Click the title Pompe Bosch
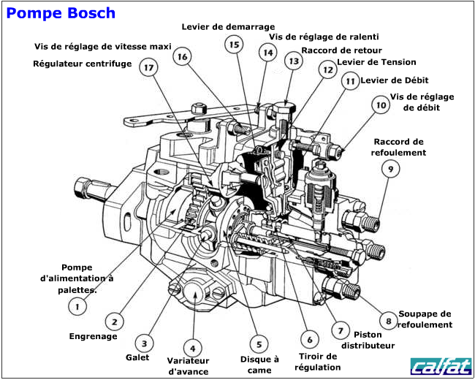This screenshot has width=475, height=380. (61, 13)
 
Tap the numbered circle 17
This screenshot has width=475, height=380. (149, 68)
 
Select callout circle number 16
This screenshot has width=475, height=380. (182, 56)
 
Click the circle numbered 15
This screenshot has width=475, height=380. (234, 45)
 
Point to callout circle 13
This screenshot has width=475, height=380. (293, 61)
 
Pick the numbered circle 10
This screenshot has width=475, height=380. (380, 105)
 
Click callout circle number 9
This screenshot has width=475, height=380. (391, 169)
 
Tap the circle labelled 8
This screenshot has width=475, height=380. (388, 320)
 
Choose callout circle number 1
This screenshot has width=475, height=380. (75, 307)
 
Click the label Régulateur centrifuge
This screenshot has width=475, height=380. (83, 64)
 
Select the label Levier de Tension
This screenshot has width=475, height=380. (377, 62)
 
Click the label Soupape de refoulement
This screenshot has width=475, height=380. (425, 319)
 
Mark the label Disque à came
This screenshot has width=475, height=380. (259, 364)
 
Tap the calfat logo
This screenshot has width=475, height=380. (439, 365)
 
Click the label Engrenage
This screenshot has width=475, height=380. (93, 337)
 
